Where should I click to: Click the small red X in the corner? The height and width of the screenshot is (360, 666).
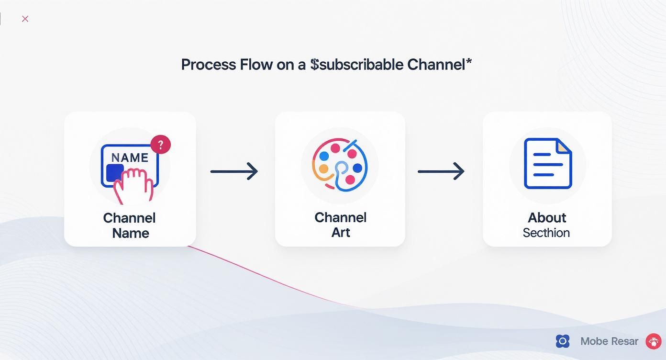tap(25, 19)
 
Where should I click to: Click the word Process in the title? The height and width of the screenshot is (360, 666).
tap(209, 65)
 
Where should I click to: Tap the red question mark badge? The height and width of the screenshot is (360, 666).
tap(161, 144)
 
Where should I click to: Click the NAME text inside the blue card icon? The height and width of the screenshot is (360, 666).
tap(130, 157)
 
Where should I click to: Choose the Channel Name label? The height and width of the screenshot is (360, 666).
tap(130, 225)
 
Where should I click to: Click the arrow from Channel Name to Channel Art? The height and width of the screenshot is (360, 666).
tap(234, 171)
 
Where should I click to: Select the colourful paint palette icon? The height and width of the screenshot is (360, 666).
tap(340, 166)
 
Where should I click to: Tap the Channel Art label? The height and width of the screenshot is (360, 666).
tap(340, 225)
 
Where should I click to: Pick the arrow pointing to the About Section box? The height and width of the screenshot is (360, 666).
tap(441, 171)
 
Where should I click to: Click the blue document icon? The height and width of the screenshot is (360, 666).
tap(547, 164)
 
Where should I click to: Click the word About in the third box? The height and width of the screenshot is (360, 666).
tap(547, 218)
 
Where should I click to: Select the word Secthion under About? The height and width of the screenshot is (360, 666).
tap(546, 233)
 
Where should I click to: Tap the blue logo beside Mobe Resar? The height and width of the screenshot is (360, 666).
tap(563, 341)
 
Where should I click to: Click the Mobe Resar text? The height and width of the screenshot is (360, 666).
tap(609, 341)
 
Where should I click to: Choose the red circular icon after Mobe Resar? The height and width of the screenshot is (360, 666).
tap(653, 341)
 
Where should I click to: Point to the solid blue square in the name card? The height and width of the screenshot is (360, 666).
tap(115, 173)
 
